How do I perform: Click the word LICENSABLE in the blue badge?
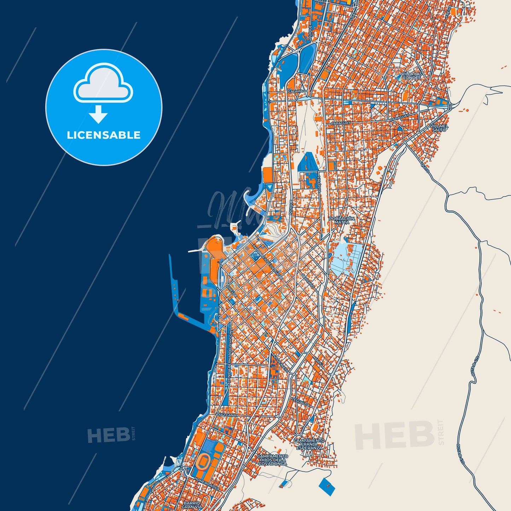[104, 135]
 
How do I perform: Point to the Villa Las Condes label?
[412, 76]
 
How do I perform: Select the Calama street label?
[296, 91]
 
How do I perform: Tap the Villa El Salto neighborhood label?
[439, 128]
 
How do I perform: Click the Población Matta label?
[342, 220]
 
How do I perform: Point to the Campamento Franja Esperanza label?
[309, 444]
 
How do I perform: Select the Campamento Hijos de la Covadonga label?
[272, 460]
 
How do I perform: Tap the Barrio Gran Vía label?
[192, 505]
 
